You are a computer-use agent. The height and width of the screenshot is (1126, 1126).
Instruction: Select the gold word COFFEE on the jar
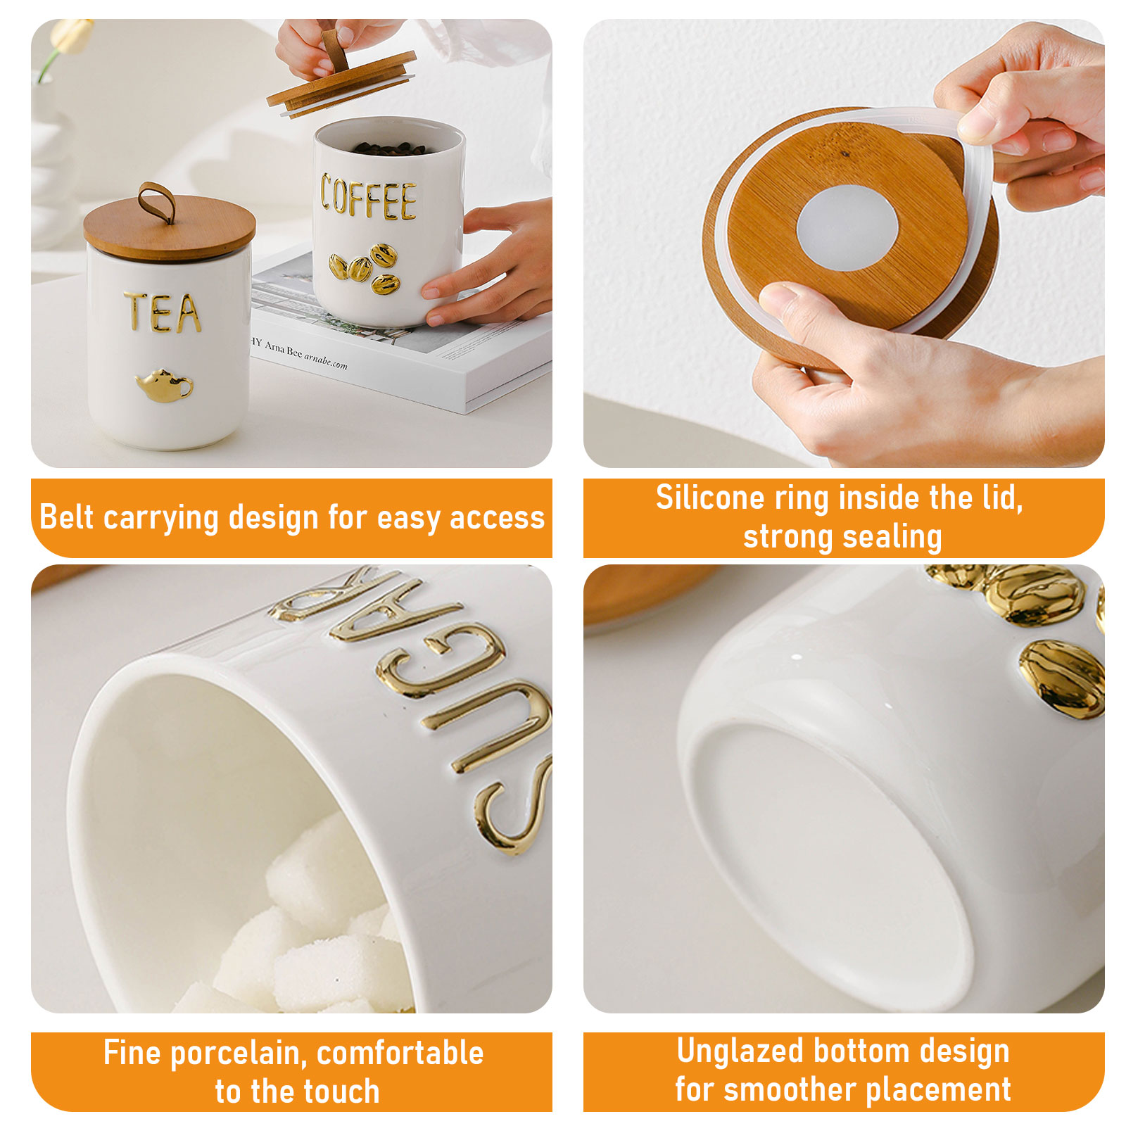pos(368,198)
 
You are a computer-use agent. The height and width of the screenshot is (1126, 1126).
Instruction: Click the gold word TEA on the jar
pos(163,312)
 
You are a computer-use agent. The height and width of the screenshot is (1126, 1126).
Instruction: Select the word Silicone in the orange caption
pos(709,498)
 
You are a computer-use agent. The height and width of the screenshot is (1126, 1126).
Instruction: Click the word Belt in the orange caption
pos(67,517)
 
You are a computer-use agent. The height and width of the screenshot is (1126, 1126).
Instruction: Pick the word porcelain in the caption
pos(238,1054)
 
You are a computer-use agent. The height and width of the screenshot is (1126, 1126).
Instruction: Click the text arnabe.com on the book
pos(325,360)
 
